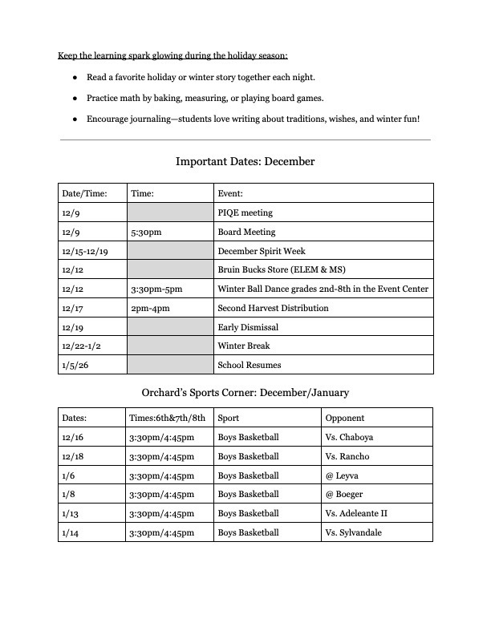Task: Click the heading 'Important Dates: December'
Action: coord(245,161)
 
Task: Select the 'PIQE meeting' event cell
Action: coord(245,213)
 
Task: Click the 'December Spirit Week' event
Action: coord(261,251)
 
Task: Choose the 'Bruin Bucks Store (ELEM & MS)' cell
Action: coord(276,270)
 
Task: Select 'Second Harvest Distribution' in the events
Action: coord(273,308)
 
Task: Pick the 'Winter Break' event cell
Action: coord(244,346)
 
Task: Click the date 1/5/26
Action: coord(74,365)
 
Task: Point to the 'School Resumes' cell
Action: coord(249,365)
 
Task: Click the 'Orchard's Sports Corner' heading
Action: coord(245,392)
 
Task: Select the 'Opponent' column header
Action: coord(345,418)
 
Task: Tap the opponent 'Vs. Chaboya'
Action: coord(349,437)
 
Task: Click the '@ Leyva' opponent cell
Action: coord(343,475)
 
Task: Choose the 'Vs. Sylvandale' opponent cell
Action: coord(354,532)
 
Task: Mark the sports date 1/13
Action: coord(70,513)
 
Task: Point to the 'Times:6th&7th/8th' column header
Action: coord(167,418)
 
